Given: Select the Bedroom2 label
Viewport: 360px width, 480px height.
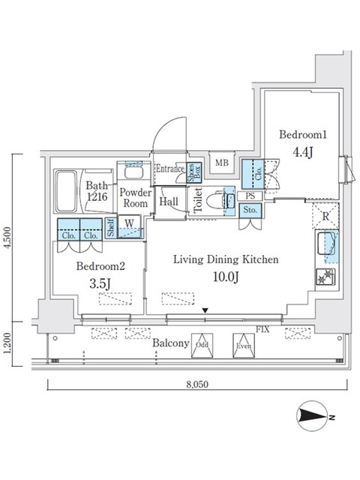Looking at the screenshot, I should tap(98, 265).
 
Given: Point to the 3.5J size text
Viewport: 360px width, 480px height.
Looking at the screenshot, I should tap(98, 284).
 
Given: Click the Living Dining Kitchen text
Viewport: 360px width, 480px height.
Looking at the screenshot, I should tap(226, 259).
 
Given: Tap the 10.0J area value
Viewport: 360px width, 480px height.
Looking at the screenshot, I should tap(226, 278).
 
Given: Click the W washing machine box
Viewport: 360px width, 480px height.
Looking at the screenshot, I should tap(130, 223).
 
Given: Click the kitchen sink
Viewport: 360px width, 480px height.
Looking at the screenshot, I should tap(327, 244).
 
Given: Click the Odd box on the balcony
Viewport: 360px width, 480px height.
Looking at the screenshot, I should tap(202, 346).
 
